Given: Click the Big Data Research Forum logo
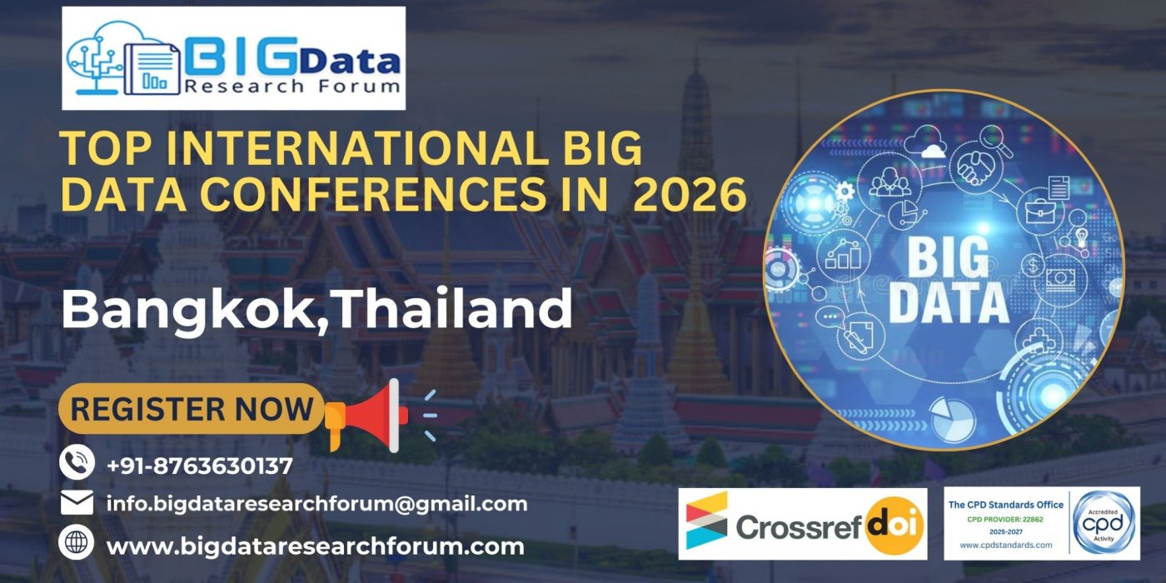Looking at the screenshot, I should click(x=233, y=58).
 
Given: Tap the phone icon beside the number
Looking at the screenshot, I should click(x=77, y=463).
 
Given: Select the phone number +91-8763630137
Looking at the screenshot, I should click(x=200, y=466).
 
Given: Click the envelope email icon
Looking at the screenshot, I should click(x=77, y=503).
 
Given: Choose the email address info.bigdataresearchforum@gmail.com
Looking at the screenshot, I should click(x=316, y=504).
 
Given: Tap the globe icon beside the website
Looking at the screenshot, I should click(x=77, y=545).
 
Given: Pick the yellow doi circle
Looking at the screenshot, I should click(x=894, y=526).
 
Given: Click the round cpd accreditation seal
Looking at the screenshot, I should click(x=1104, y=522).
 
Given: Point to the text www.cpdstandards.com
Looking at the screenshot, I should click(x=1005, y=546).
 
